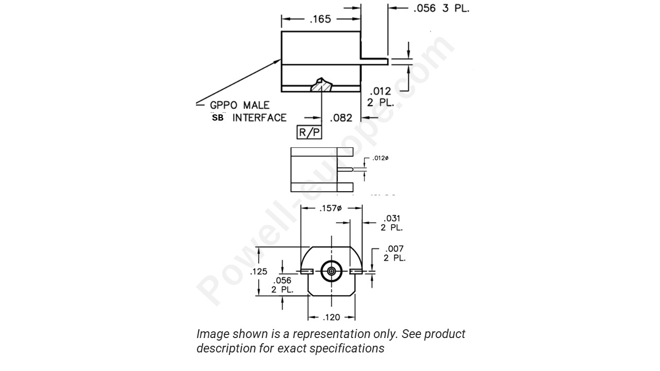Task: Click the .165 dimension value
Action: click(320, 20)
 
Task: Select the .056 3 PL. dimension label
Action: click(441, 8)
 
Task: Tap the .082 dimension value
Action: click(341, 118)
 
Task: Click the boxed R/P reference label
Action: click(309, 132)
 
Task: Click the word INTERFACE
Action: click(259, 118)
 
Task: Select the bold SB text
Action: click(218, 118)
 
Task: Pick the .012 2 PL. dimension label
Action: click(380, 97)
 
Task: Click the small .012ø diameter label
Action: click(380, 158)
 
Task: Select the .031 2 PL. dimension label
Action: click(392, 223)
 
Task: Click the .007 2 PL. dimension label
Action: click(394, 254)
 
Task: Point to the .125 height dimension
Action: click(259, 272)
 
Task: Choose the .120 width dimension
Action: click(331, 317)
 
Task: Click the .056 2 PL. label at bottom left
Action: click(282, 285)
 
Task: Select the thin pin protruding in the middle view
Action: click(345, 169)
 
